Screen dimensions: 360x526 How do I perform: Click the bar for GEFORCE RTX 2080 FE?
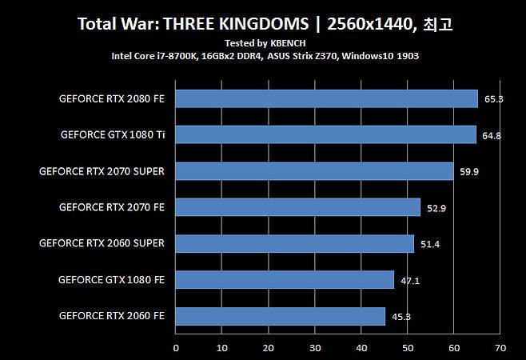326,98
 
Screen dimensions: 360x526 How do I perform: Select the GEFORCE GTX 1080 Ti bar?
325,134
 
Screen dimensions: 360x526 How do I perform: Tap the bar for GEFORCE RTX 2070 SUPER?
314,171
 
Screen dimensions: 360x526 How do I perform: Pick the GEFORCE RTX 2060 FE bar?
280,316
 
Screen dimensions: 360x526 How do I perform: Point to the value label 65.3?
493,99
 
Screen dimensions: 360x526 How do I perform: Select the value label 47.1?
410,281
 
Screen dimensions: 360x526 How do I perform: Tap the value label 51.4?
430,244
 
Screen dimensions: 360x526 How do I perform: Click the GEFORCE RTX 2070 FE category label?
112,207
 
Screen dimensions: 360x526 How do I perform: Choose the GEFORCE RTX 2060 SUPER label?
102,243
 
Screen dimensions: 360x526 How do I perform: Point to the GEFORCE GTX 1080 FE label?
111,280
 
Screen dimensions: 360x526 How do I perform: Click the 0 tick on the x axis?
176,348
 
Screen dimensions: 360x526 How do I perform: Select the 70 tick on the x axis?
500,348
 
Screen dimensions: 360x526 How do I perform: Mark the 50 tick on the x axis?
408,348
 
